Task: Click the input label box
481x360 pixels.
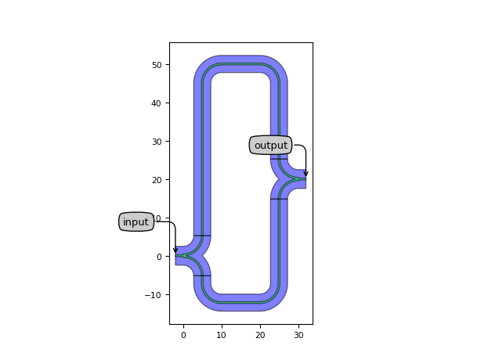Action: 136,222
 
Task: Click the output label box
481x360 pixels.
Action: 270,146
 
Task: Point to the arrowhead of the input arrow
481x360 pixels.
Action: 175,252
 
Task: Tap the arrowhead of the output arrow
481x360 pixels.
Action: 306,176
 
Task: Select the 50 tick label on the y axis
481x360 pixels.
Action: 157,65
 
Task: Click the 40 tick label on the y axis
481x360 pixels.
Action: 157,103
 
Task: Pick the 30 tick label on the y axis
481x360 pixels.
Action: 157,142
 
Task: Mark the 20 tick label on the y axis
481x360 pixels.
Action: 157,180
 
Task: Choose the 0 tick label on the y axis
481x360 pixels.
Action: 159,257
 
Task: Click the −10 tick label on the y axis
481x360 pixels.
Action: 154,295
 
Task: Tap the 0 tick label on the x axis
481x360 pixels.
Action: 183,335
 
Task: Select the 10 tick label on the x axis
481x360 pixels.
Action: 222,335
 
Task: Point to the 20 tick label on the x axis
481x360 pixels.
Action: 260,335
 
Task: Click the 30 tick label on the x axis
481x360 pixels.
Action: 298,335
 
